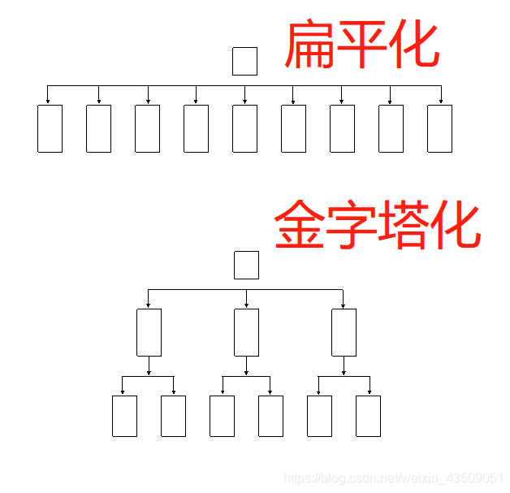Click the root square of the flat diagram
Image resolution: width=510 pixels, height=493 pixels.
pyautogui.click(x=244, y=61)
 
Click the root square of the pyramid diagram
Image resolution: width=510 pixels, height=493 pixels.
pyautogui.click(x=246, y=265)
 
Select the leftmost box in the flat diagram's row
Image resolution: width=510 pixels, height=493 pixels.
pyautogui.click(x=50, y=128)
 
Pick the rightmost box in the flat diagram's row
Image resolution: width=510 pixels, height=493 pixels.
pyautogui.click(x=439, y=128)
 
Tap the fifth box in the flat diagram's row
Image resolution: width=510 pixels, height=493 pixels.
pyautogui.click(x=244, y=128)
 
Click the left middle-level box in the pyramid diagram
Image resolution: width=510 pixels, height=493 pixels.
pyautogui.click(x=149, y=332)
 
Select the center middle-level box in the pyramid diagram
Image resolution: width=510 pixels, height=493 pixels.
pyautogui.click(x=246, y=332)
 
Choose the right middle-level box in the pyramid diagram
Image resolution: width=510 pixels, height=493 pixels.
pyautogui.click(x=344, y=332)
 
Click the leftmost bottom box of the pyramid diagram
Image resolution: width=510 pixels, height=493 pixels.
pyautogui.click(x=124, y=416)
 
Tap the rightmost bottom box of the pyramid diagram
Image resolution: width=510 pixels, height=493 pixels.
pyautogui.click(x=368, y=416)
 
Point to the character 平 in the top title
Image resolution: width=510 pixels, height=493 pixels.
pyautogui.click(x=361, y=45)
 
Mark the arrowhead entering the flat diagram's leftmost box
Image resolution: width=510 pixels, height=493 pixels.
pyautogui.click(x=48, y=102)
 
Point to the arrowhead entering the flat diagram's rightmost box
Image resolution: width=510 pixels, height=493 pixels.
pyautogui.click(x=441, y=102)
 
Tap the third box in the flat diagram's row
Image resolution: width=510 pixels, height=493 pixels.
pyautogui.click(x=147, y=128)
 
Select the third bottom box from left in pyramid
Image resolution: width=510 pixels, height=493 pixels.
pyautogui.click(x=222, y=416)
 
